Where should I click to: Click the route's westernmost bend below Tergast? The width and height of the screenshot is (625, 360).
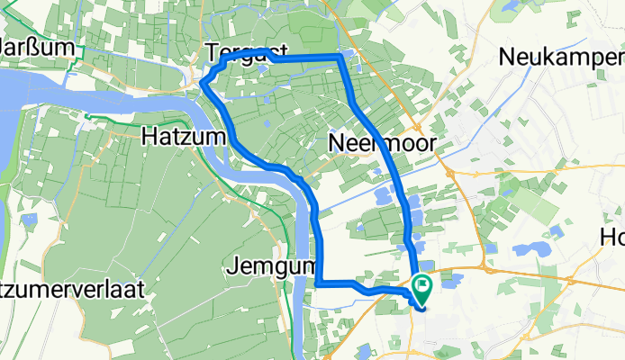(x=203, y=86)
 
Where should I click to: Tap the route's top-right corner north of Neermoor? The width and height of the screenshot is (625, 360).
(x=340, y=57)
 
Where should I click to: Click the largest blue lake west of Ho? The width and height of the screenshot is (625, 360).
(x=532, y=247)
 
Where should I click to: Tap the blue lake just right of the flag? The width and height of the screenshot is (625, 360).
(x=449, y=280)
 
